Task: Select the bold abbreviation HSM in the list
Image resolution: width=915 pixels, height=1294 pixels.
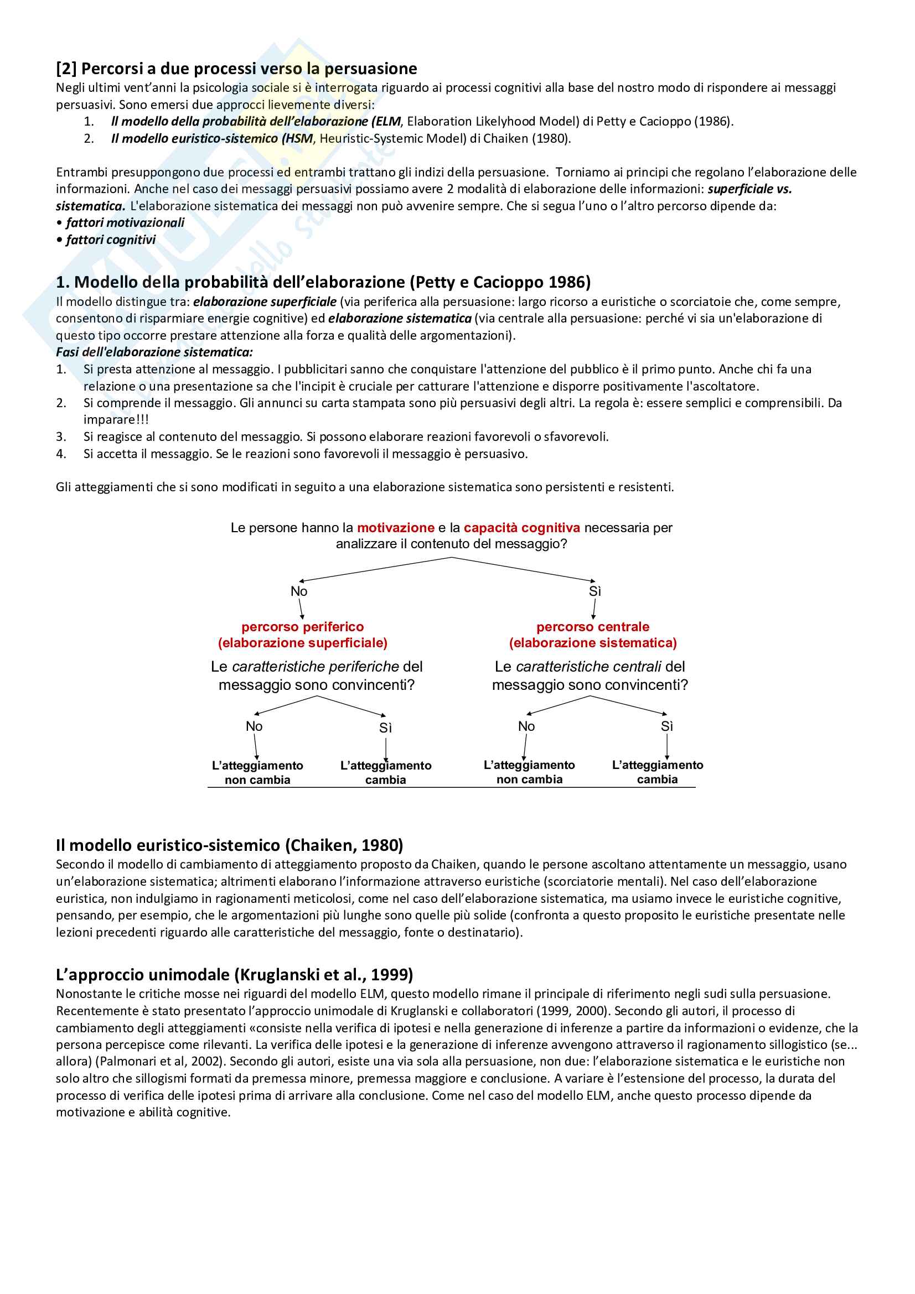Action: coord(298,139)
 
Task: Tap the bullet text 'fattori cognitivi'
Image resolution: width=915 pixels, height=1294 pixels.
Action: coord(111,240)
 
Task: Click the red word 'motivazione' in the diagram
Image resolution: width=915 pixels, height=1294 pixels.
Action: coord(395,528)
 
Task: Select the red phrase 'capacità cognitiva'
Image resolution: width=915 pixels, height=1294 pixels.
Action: coord(521,528)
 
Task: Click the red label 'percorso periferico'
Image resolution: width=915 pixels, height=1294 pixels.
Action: coord(302,627)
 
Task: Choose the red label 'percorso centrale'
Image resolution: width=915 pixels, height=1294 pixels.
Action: coord(592,627)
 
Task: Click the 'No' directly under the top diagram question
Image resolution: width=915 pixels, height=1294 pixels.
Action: coord(299,591)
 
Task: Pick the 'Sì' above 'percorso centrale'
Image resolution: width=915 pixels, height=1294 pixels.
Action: coord(595,591)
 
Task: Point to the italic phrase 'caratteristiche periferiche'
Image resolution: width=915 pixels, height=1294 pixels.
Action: coord(316,667)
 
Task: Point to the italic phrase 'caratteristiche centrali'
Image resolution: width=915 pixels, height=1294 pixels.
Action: coord(588,667)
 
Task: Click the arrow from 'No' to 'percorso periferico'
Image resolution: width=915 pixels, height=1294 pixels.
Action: coord(301,609)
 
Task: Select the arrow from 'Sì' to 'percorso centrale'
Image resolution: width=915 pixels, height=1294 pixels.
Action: coord(593,609)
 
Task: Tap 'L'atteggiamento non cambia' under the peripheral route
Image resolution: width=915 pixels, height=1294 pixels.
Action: coord(257,773)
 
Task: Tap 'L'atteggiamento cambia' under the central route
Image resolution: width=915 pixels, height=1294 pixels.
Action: coord(658,772)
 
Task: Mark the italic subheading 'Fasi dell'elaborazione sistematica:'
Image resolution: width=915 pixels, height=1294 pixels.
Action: coord(154,352)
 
